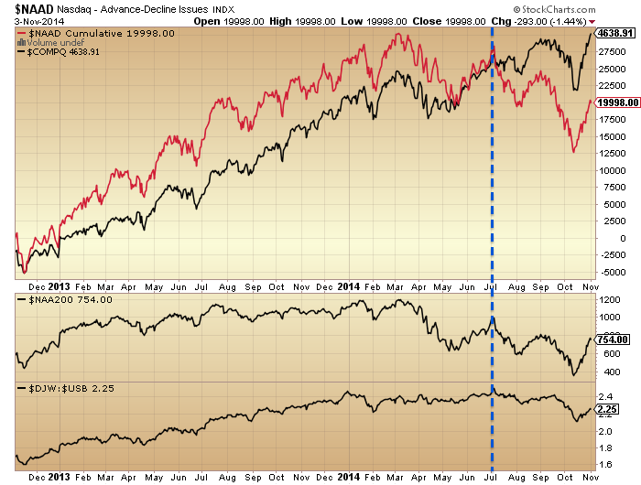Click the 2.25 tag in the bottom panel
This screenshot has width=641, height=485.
608,409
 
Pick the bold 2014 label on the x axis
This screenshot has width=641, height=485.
349,478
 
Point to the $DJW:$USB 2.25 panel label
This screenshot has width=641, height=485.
77,388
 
